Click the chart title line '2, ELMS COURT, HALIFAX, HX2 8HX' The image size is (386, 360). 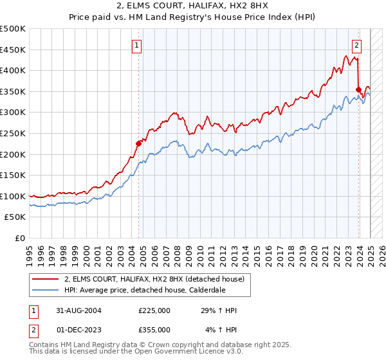(192, 6)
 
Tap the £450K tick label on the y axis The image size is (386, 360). (13, 50)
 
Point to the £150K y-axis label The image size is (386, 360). (13, 175)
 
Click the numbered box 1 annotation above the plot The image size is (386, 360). (138, 45)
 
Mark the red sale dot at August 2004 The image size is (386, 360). (138, 144)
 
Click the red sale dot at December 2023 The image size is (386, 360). (358, 89)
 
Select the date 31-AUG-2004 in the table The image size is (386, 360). (80, 310)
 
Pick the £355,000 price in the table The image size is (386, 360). (154, 330)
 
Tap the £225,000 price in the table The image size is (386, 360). (154, 310)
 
